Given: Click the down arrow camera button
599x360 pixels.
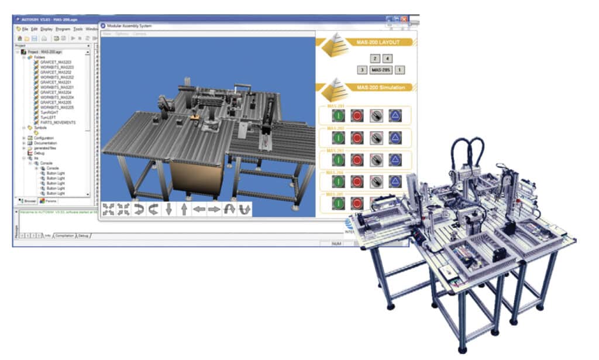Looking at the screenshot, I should [x=168, y=210].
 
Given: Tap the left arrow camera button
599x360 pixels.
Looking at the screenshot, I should [x=199, y=210].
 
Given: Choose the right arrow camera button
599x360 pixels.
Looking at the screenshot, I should [x=214, y=210].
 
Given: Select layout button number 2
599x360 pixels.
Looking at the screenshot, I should [x=376, y=58].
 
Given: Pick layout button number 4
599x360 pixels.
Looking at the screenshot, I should [x=387, y=58].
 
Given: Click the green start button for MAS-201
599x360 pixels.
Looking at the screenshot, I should [x=338, y=115].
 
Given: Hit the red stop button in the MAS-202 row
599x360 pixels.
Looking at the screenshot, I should [x=357, y=138].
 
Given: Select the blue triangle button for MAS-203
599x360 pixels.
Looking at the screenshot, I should [x=395, y=160].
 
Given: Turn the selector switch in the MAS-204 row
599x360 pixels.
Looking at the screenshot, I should [x=376, y=181].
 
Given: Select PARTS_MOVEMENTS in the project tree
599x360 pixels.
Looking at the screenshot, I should [x=57, y=122].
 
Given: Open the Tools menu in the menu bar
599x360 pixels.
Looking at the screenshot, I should [x=78, y=29].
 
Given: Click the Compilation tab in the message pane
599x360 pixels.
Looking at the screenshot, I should [x=64, y=235].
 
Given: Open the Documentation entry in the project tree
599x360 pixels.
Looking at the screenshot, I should [x=45, y=143].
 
